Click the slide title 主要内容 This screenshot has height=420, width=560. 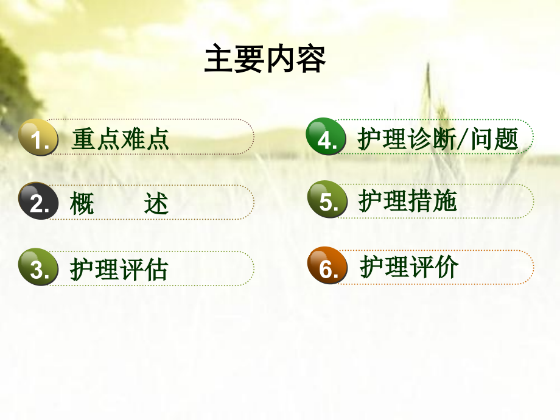pyautogui.click(x=265, y=60)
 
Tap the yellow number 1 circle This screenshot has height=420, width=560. pyautogui.click(x=38, y=138)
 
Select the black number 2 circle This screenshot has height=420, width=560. pyautogui.click(x=38, y=201)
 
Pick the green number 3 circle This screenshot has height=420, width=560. pyautogui.click(x=38, y=267)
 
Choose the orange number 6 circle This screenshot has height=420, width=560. pyautogui.click(x=327, y=266)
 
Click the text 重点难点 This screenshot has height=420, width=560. pyautogui.click(x=120, y=139)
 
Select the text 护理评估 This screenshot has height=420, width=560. pyautogui.click(x=119, y=269)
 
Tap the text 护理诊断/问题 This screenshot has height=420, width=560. pyautogui.click(x=438, y=139)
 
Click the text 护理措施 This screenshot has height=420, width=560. pyautogui.click(x=407, y=201)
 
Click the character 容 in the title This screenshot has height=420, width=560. pyautogui.click(x=311, y=60)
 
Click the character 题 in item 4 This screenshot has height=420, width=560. pyautogui.click(x=506, y=139)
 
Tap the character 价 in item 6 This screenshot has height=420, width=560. pyautogui.click(x=446, y=267)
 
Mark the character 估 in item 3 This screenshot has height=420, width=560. pyautogui.click(x=155, y=269)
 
